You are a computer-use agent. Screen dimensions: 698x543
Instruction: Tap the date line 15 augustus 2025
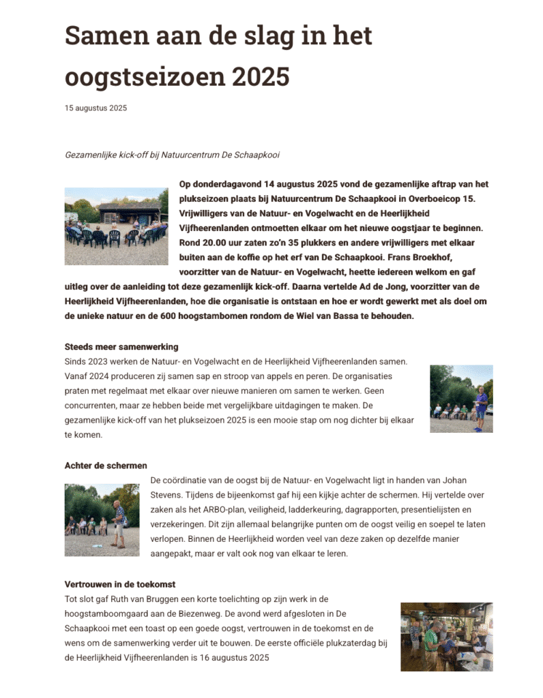click(x=96, y=108)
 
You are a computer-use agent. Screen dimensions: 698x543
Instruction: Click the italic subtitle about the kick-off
click(x=172, y=155)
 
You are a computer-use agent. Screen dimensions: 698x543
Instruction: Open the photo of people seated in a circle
click(x=116, y=226)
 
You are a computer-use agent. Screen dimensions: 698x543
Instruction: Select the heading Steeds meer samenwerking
click(x=121, y=346)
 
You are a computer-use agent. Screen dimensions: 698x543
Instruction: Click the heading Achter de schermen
click(x=106, y=466)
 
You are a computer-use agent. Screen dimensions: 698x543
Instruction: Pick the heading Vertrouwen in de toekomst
click(x=120, y=584)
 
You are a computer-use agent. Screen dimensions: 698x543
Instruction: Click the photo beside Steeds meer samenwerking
click(x=461, y=399)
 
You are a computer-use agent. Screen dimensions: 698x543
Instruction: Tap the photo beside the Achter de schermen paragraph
click(x=102, y=519)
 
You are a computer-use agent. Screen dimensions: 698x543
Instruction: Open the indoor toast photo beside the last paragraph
click(x=446, y=637)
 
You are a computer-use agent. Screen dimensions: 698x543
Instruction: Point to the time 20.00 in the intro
click(x=215, y=242)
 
